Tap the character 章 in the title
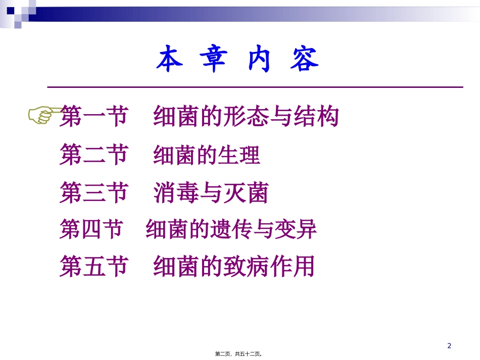click(x=214, y=60)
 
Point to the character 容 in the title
click(x=305, y=60)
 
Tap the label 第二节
click(x=93, y=155)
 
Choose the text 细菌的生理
click(x=207, y=155)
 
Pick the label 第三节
click(x=93, y=193)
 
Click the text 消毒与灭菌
click(x=210, y=193)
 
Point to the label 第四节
click(x=91, y=230)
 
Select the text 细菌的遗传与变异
click(x=231, y=230)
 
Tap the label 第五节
click(x=93, y=267)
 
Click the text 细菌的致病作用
click(x=234, y=267)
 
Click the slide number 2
click(x=449, y=346)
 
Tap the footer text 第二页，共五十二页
click(x=238, y=354)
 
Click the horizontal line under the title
click(x=255, y=87)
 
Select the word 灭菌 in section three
click(x=250, y=193)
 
